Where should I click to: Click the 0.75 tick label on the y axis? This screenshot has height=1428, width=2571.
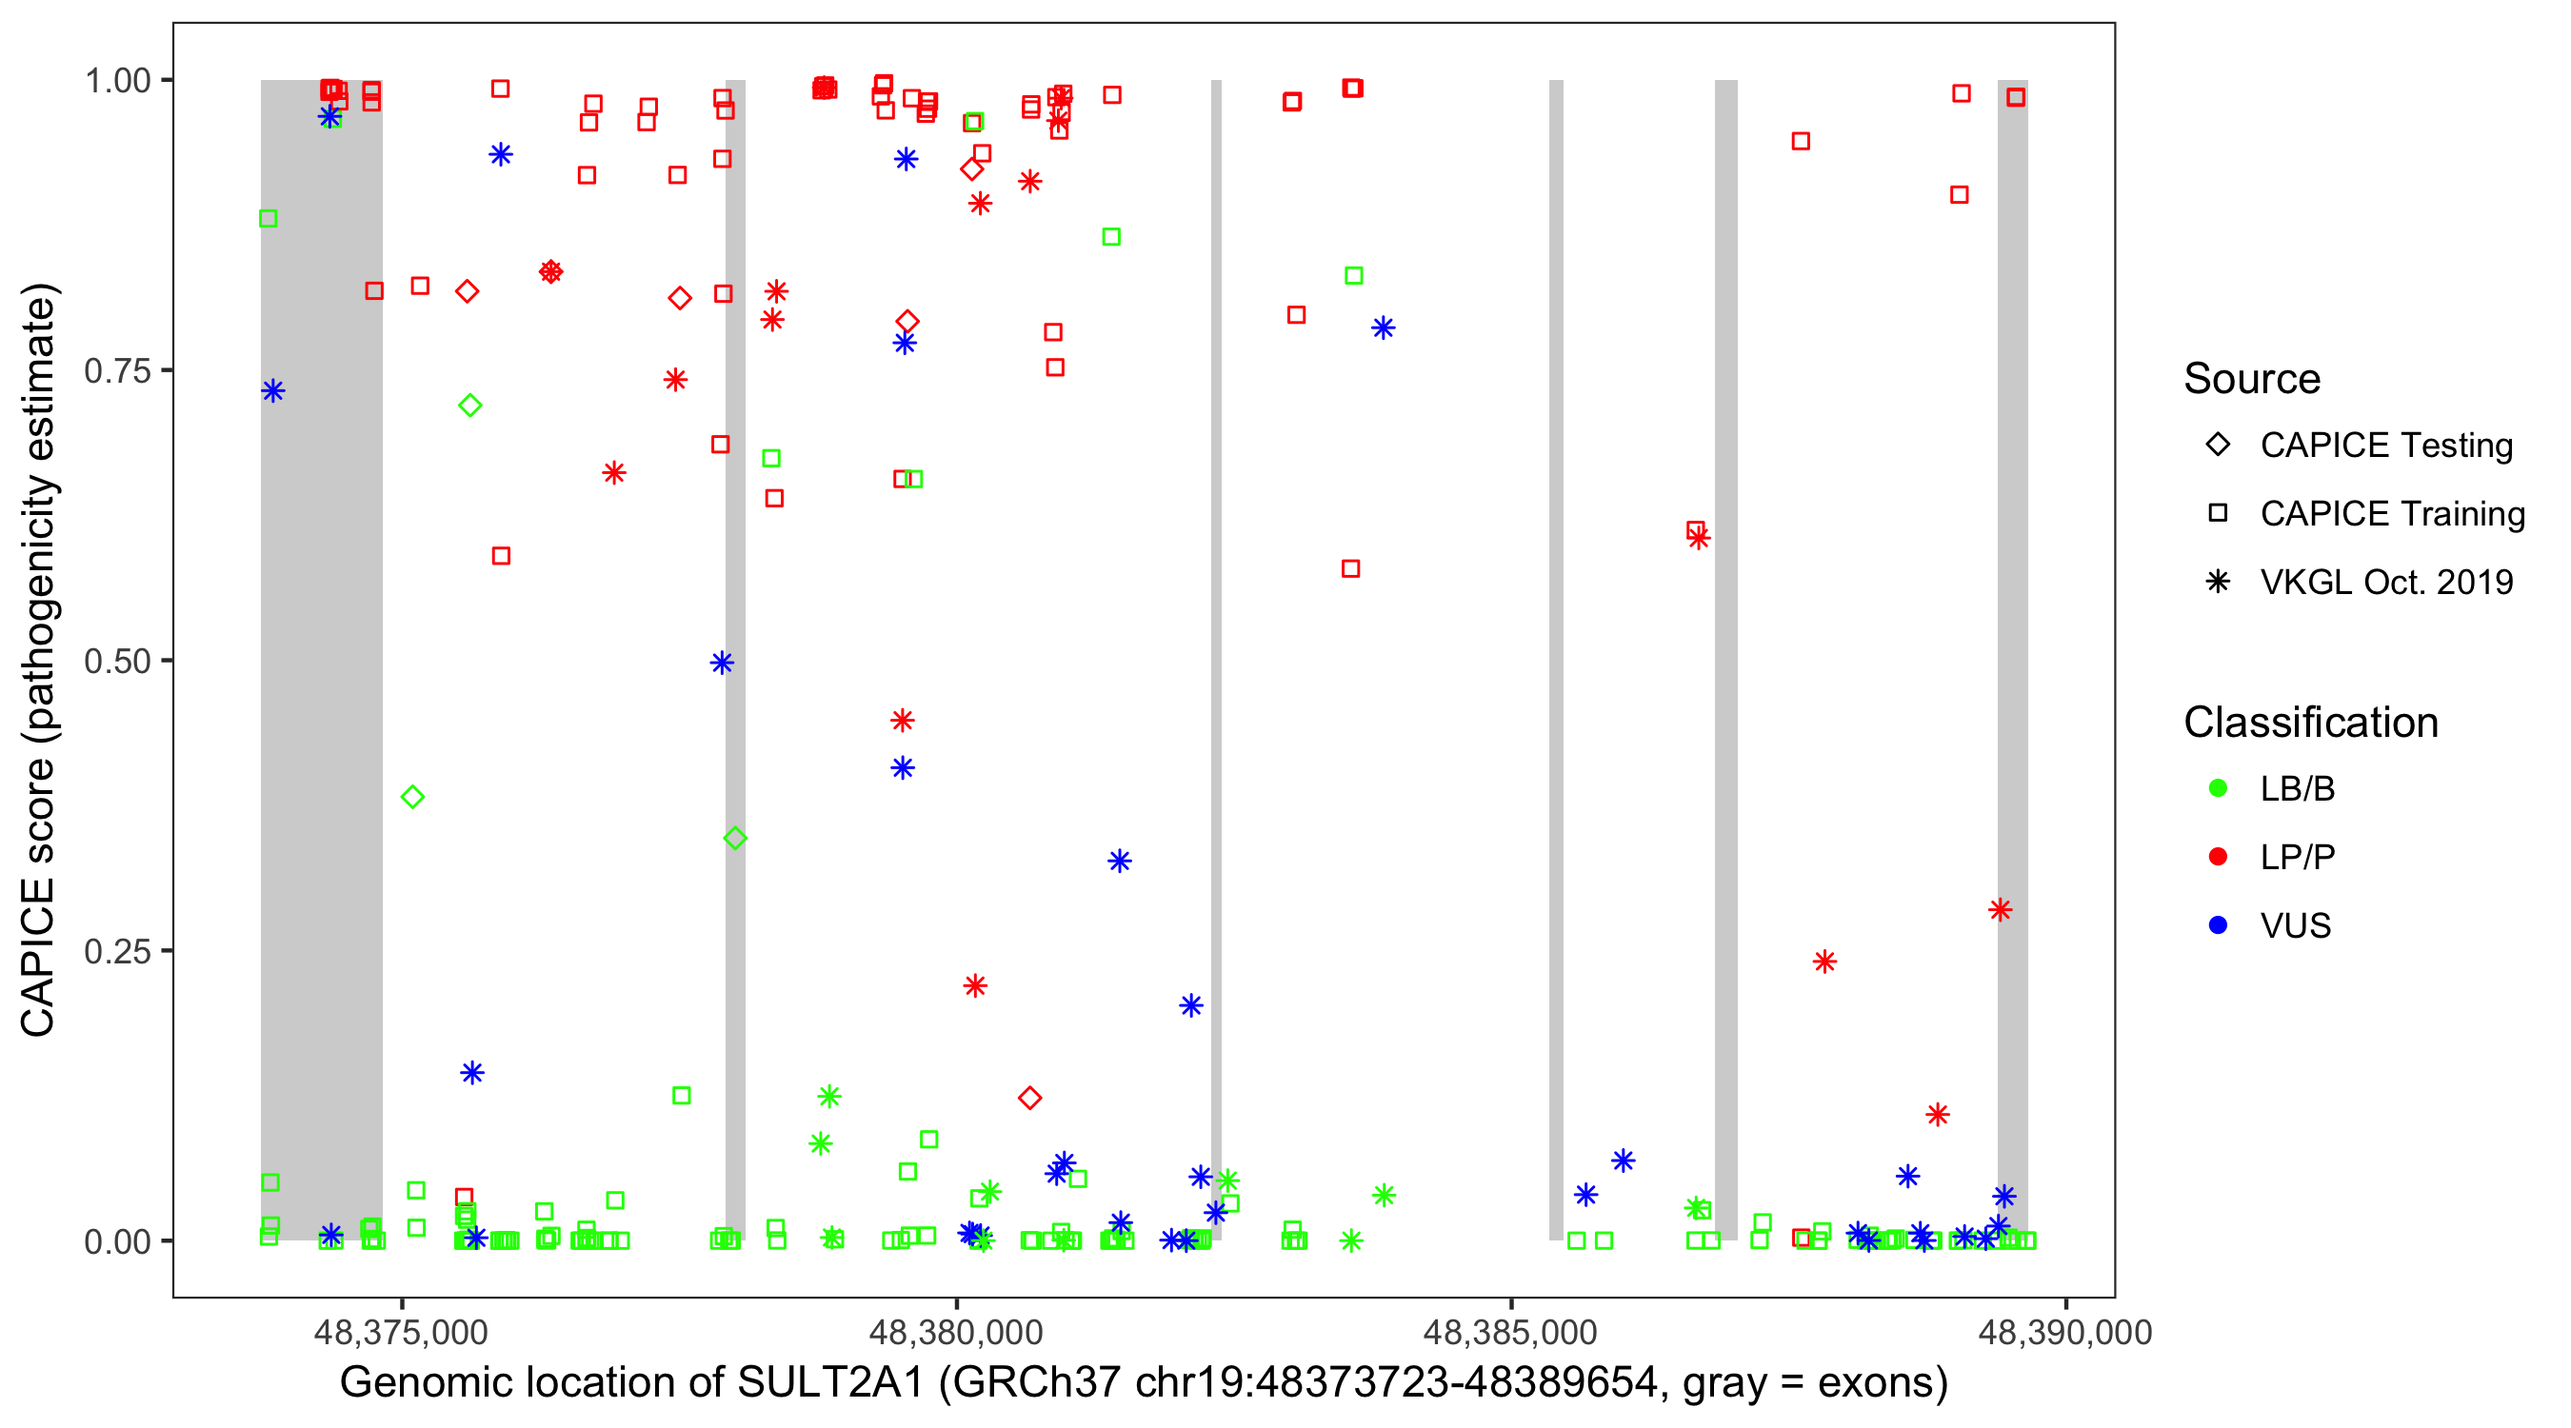[x=116, y=370]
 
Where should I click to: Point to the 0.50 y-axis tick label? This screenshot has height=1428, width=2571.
[x=116, y=661]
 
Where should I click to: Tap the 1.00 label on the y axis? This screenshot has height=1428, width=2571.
[x=116, y=80]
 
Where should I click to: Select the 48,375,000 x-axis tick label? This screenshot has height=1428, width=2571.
[x=401, y=1332]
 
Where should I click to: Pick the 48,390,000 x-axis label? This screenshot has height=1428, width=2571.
[x=2065, y=1332]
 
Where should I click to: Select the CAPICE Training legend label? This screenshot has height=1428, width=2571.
[x=2392, y=514]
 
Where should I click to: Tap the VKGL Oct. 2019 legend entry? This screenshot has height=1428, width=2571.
[x=2385, y=582]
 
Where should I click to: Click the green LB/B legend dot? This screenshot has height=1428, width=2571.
[x=2218, y=788]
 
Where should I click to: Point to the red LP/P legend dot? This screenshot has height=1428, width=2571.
[x=2218, y=857]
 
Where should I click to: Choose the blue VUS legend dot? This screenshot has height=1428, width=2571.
[x=2218, y=925]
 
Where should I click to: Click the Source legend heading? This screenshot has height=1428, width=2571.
[x=2252, y=379]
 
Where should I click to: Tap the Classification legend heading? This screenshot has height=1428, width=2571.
[x=2310, y=723]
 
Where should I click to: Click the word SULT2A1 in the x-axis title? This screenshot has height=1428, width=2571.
[x=830, y=1383]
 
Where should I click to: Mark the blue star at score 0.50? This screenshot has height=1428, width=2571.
[x=723, y=663]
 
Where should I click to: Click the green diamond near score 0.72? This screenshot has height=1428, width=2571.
[x=470, y=406]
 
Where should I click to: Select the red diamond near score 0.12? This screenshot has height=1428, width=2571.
[x=1030, y=1098]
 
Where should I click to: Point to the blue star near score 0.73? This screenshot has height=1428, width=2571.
[x=273, y=390]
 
